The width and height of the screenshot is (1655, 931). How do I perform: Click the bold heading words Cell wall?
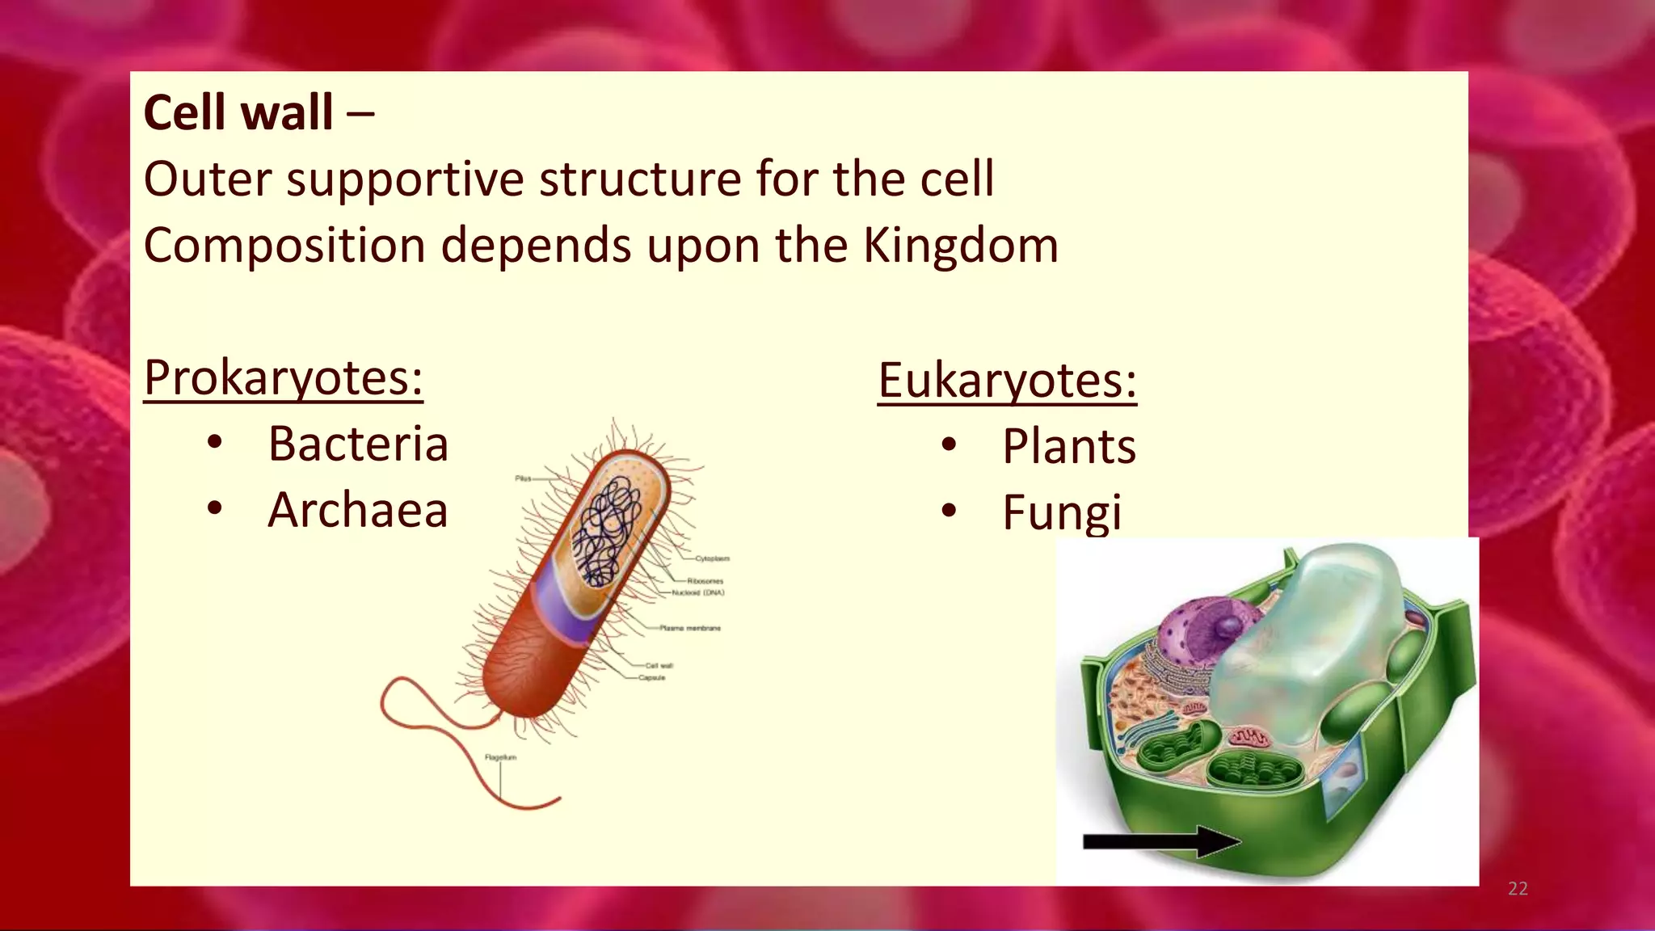(x=238, y=112)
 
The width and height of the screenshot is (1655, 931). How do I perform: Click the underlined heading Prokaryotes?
(x=283, y=377)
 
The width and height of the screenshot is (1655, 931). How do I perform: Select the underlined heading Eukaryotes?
(x=1007, y=381)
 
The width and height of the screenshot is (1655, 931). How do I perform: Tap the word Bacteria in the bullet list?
(x=358, y=444)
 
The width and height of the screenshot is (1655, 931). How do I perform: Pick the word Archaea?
(x=358, y=510)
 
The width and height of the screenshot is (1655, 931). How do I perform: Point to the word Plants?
(x=1068, y=446)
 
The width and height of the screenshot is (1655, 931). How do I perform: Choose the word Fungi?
(x=1062, y=512)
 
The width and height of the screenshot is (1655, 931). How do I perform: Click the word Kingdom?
(x=960, y=245)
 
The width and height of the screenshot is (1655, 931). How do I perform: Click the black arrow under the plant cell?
(x=1160, y=841)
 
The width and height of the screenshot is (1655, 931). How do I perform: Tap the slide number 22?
(x=1518, y=889)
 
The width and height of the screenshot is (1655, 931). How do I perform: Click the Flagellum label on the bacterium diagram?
(x=500, y=757)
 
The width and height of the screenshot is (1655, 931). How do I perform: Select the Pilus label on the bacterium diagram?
(x=523, y=478)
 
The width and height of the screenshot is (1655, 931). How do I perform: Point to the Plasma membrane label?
(x=689, y=628)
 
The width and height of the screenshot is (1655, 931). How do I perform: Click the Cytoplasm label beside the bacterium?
(x=712, y=558)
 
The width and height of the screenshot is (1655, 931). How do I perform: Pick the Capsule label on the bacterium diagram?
(x=652, y=678)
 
